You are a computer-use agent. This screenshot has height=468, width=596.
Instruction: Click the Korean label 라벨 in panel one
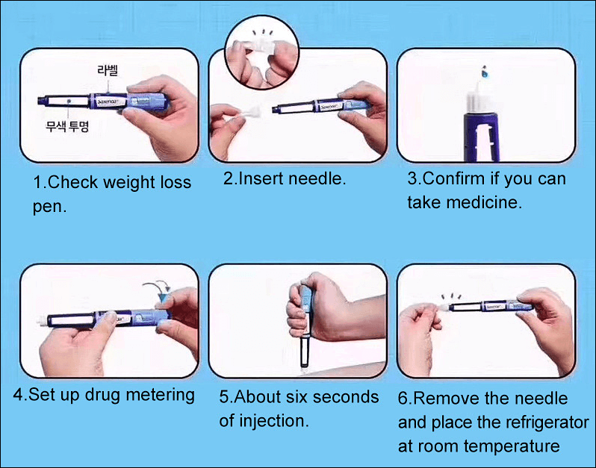pos(108,70)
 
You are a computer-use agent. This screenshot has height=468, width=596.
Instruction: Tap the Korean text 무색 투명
pos(67,125)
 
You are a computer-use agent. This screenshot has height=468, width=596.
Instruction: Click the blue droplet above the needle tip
pos(484,72)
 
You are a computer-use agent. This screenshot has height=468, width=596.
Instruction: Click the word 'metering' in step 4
pos(160,395)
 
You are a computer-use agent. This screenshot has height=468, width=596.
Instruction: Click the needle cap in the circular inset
pos(261,46)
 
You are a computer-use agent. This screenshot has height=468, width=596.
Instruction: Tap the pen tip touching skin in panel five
pos(305,365)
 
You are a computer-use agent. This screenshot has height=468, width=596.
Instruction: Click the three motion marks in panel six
pos(451,296)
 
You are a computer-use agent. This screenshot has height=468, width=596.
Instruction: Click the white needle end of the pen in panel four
pos(42,321)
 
